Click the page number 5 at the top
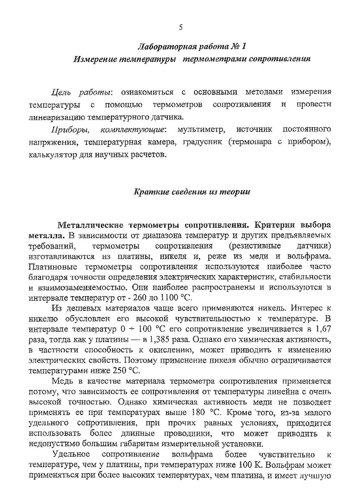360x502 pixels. click(180, 27)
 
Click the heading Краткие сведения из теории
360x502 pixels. click(192, 192)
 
